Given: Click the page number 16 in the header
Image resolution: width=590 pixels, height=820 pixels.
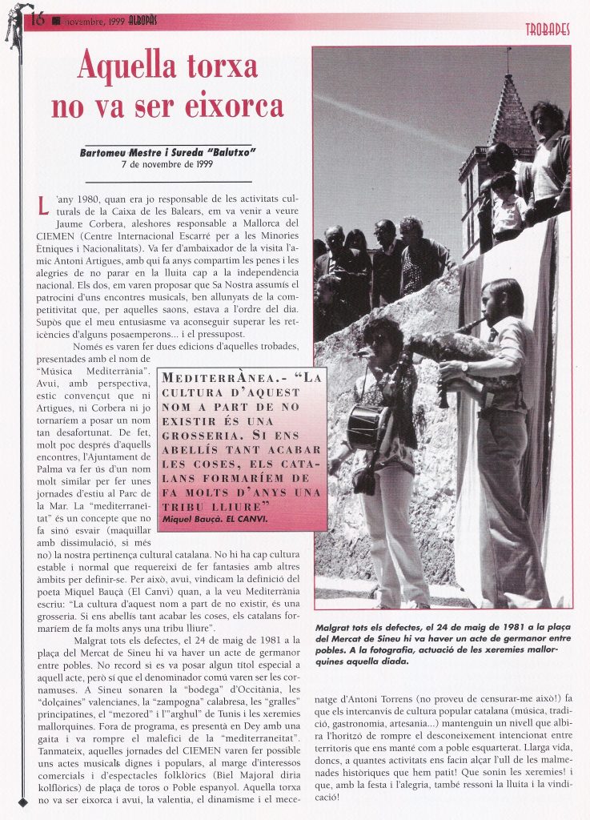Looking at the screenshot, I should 37,19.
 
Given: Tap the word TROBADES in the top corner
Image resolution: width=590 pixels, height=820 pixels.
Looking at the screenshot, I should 548,30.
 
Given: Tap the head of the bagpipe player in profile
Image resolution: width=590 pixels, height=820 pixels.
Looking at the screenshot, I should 503,299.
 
